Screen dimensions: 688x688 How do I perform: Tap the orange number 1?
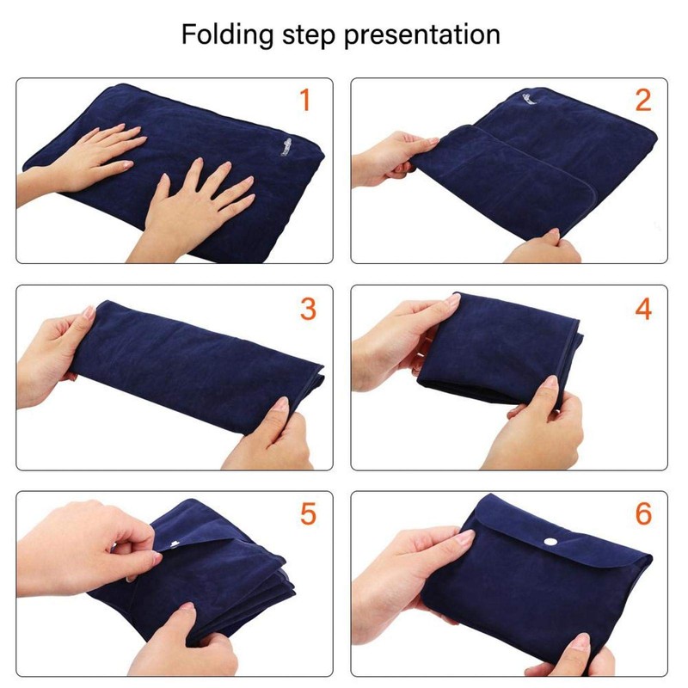[303, 101]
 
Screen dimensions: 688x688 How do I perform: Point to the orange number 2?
[642, 101]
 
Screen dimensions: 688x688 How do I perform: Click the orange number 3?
[307, 308]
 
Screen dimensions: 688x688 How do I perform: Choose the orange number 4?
[642, 308]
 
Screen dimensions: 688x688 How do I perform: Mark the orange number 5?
[307, 514]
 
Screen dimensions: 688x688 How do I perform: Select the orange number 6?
[642, 514]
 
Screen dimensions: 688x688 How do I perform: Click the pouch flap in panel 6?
[550, 533]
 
